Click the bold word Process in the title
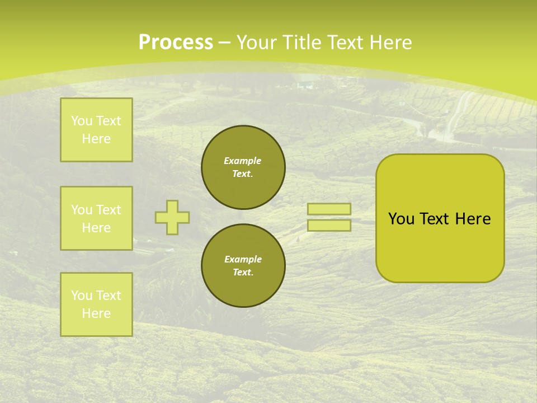tap(176, 43)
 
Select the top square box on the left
tap(96, 130)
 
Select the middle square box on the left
tap(96, 218)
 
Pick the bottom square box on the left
tap(96, 304)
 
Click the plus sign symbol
tap(172, 217)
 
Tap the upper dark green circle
tap(243, 167)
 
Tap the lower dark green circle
tap(243, 266)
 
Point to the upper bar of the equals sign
tap(329, 209)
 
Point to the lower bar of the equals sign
tap(329, 225)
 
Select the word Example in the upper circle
tap(243, 161)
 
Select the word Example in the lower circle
tap(243, 259)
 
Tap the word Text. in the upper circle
tap(243, 174)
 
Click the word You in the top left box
tap(82, 121)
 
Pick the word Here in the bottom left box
tap(96, 313)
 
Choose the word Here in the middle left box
tap(96, 228)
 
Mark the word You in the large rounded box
tap(401, 219)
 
